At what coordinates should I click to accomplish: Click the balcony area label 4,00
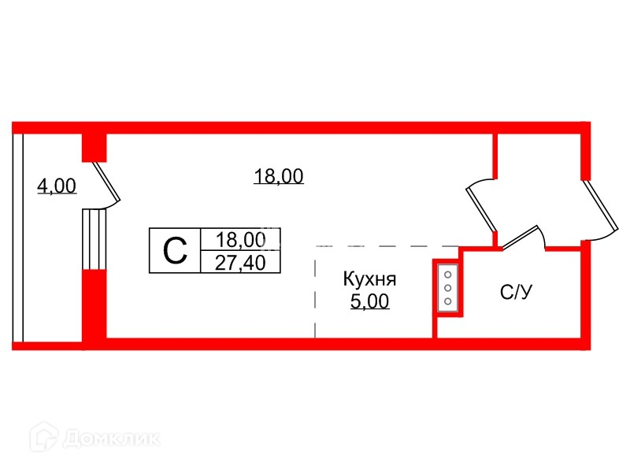(57, 186)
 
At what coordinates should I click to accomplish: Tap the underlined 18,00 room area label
(279, 176)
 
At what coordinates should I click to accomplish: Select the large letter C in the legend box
(175, 250)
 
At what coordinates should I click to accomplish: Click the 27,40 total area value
(240, 263)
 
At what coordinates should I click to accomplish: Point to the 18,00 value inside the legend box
(241, 240)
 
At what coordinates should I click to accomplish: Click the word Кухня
(369, 279)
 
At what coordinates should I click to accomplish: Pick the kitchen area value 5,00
(369, 301)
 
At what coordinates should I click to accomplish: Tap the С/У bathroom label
(517, 292)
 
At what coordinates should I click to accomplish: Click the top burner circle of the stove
(448, 275)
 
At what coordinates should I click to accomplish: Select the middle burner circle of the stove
(448, 288)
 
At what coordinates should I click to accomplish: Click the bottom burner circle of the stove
(448, 301)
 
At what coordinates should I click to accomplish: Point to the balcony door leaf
(107, 182)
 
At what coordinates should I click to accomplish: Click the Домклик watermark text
(111, 438)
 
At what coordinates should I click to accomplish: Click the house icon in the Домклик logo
(44, 437)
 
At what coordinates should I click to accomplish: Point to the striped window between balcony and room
(94, 239)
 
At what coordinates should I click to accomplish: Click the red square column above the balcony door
(94, 148)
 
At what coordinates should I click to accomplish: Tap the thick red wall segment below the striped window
(94, 305)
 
